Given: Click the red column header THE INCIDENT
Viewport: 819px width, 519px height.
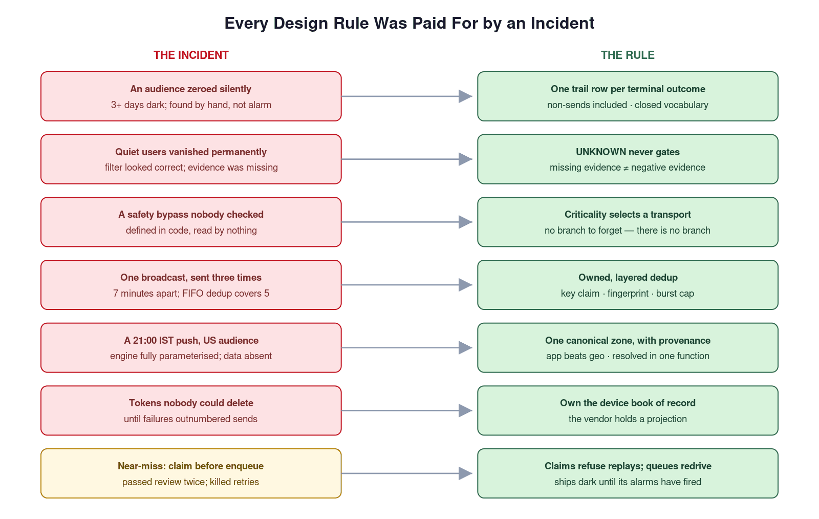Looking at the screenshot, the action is tap(191, 55).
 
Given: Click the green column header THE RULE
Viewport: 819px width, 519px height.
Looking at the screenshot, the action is tap(628, 55).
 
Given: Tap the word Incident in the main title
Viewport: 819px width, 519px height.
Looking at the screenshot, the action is tap(563, 23).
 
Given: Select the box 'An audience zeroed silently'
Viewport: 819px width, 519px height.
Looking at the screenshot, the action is tap(191, 96).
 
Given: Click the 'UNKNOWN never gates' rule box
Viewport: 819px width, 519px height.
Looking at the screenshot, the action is tap(628, 159).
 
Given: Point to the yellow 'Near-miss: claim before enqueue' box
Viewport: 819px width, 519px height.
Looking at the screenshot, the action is tap(191, 473).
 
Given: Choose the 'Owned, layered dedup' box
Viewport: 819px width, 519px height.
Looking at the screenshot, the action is tap(628, 285).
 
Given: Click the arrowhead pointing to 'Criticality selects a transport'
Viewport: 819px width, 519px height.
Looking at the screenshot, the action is tap(465, 222).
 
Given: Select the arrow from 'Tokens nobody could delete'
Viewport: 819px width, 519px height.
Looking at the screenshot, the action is tap(407, 410).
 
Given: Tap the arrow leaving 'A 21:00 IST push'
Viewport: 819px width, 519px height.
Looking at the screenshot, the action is tap(407, 348).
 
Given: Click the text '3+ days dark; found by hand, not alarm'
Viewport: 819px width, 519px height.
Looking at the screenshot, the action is tap(191, 105).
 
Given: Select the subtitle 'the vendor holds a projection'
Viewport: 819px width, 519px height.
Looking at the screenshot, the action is tap(628, 419).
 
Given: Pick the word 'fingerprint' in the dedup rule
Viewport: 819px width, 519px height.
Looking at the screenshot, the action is tap(628, 294).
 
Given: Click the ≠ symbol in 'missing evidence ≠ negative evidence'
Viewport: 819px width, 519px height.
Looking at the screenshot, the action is tap(626, 168).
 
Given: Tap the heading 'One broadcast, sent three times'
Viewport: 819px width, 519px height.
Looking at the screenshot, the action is tap(191, 278).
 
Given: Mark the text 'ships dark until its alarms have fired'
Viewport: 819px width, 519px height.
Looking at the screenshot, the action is tap(628, 482).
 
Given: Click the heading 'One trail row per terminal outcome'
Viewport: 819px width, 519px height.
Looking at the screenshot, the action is tap(628, 89).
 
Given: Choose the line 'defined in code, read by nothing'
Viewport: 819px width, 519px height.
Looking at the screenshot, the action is tap(191, 231).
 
